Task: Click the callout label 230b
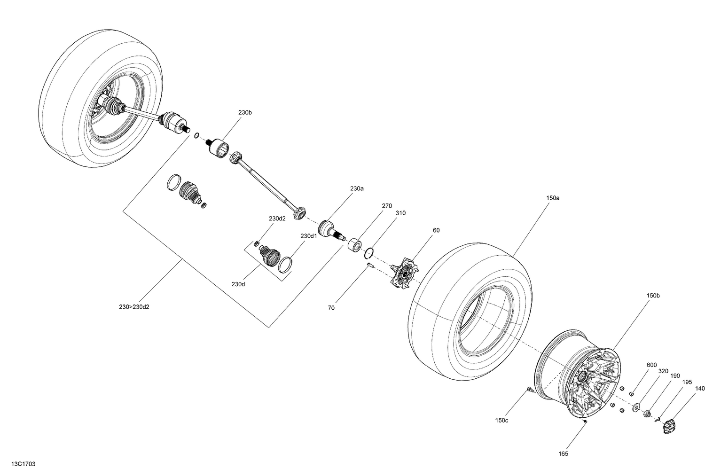tap(245, 113)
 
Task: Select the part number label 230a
tap(357, 188)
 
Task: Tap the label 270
tap(387, 206)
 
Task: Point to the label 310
tap(400, 213)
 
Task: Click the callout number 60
tap(436, 230)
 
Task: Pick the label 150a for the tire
tap(553, 198)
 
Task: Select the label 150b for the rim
tap(653, 296)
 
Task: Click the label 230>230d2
tap(134, 307)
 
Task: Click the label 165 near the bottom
tap(563, 453)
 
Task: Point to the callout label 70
tap(331, 308)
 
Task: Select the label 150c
tap(501, 420)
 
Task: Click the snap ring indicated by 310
tap(369, 253)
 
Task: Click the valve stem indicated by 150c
tap(528, 389)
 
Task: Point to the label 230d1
tap(309, 236)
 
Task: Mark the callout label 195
tap(687, 382)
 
